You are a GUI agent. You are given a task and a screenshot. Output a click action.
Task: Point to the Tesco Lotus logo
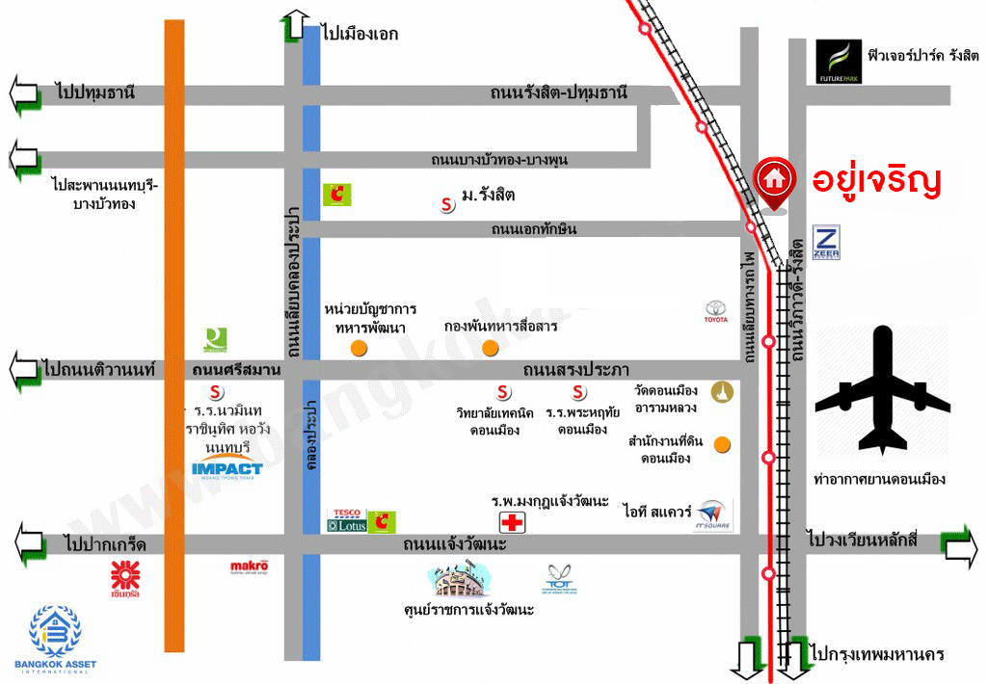(347, 521)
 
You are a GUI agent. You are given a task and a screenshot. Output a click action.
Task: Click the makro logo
(249, 568)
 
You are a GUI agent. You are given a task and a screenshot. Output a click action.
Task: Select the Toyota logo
(715, 312)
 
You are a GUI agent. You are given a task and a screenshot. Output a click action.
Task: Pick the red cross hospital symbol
(513, 522)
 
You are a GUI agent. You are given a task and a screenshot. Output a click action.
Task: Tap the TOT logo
(560, 578)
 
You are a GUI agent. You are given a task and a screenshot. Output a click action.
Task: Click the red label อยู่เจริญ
(875, 180)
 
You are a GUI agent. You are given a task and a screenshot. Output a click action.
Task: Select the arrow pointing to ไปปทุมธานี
(24, 94)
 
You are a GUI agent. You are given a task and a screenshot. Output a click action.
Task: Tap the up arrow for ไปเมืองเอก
(295, 25)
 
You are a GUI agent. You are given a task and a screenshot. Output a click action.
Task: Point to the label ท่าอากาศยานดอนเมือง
(879, 479)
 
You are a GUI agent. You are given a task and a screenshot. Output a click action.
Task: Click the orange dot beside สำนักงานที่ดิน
(721, 444)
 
